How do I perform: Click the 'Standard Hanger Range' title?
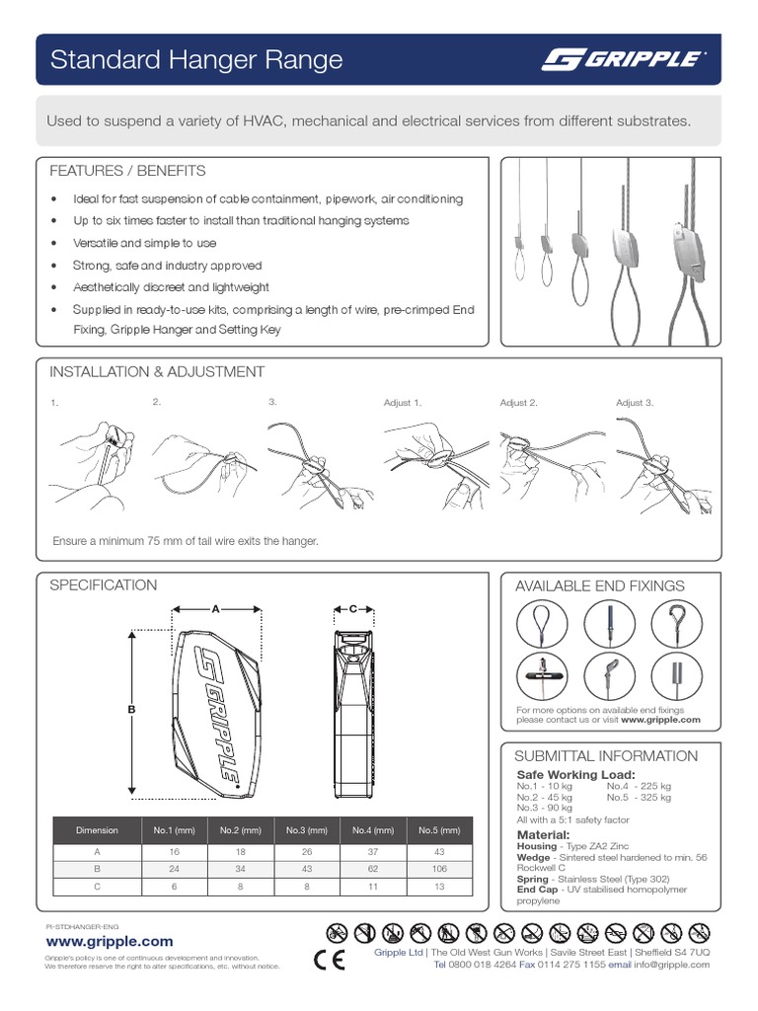196,60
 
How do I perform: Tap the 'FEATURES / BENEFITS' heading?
127,171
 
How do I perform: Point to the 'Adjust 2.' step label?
518,403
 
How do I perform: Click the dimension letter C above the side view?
352,609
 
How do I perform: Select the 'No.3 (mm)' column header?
307,830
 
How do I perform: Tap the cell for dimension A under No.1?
174,852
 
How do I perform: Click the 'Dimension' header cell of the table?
97,830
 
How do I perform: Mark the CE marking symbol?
328,959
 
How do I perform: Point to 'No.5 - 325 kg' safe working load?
639,798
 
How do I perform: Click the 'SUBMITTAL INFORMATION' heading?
606,756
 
